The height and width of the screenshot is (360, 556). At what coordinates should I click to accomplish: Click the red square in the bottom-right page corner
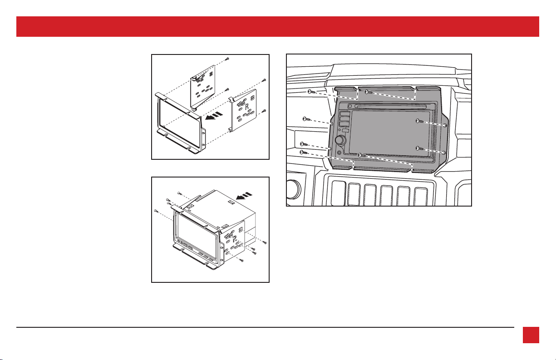(x=531, y=335)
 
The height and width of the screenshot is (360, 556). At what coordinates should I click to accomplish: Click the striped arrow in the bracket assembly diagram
(x=214, y=116)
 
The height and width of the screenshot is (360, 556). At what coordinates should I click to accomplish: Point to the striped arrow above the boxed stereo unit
(x=244, y=196)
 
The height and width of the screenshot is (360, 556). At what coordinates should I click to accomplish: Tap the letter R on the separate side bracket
(x=246, y=107)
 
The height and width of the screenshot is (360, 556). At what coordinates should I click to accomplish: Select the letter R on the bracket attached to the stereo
(x=234, y=239)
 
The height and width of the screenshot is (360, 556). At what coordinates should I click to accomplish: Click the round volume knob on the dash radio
(x=340, y=140)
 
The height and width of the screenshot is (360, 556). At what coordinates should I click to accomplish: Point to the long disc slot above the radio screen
(x=390, y=107)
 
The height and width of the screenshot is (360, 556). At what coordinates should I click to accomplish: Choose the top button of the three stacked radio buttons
(x=344, y=114)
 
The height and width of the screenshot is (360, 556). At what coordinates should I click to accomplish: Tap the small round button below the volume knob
(x=340, y=153)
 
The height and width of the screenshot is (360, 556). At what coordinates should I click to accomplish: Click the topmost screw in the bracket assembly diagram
(x=227, y=59)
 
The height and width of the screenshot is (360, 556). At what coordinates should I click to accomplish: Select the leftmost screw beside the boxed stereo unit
(x=156, y=211)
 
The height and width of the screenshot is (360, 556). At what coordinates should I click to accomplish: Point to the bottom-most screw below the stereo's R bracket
(x=242, y=261)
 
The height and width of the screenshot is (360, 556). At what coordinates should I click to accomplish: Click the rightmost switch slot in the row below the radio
(x=420, y=197)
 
